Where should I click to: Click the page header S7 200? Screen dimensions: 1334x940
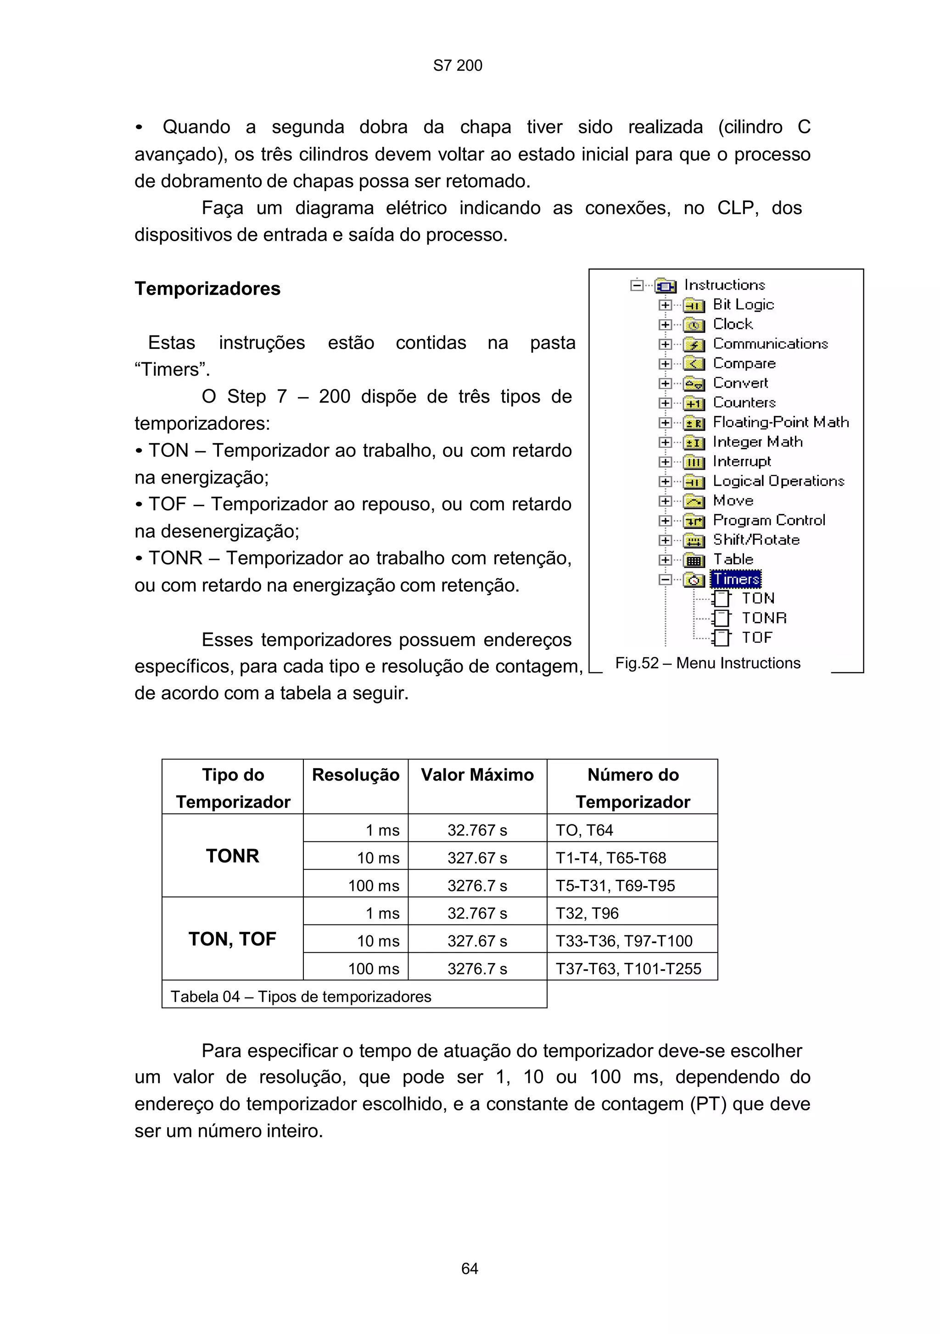(x=458, y=66)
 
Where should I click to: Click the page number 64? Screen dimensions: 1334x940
(x=469, y=1268)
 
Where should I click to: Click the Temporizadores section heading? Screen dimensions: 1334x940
(x=207, y=289)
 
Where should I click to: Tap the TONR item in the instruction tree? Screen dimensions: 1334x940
(x=763, y=618)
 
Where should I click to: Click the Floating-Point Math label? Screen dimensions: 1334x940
(x=780, y=422)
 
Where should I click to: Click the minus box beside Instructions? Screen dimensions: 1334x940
(x=637, y=285)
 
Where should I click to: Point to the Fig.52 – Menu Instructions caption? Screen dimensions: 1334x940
(x=707, y=663)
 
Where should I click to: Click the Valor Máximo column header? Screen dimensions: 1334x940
(x=477, y=775)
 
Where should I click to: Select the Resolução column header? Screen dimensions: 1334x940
(x=355, y=775)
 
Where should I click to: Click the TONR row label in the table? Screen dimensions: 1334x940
(x=232, y=856)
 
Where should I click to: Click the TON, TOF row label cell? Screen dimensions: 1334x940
(x=232, y=939)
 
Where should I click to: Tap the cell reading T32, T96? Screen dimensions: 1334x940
(x=587, y=913)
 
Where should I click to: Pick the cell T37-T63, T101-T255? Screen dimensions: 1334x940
(x=628, y=968)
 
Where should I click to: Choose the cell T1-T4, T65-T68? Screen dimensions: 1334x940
(x=611, y=858)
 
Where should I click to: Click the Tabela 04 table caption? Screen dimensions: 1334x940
(x=301, y=996)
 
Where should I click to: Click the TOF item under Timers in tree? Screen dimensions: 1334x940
(x=756, y=638)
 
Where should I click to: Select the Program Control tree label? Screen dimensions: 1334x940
(x=769, y=521)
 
